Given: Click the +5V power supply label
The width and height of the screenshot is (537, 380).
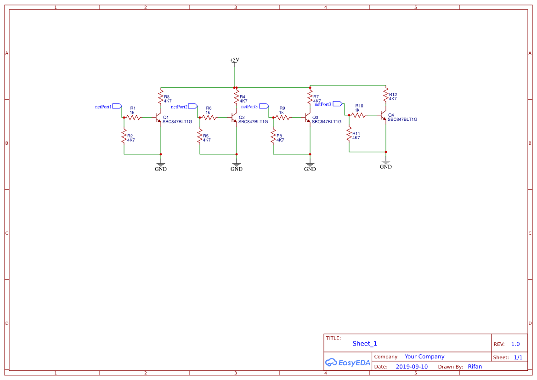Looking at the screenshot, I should pos(234,60).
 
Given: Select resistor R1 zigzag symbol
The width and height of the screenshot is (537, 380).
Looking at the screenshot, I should pos(133,118).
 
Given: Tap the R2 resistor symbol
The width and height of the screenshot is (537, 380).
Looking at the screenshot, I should pos(124,136).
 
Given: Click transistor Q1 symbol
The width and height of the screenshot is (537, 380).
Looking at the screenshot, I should pos(158,118).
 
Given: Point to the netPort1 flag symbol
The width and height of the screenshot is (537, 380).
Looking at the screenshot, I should pos(117,106).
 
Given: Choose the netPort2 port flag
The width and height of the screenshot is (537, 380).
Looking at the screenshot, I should pos(193,106).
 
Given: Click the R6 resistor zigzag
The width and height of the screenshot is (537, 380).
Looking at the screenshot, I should pos(209,118).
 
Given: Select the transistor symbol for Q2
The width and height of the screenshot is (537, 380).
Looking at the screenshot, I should pos(234,118).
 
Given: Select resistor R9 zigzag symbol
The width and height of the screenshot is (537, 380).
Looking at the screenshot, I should pos(282,118).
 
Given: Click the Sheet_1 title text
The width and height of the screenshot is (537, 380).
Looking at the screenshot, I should pos(365,344).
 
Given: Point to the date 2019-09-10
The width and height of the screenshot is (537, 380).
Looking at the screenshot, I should pos(412,367).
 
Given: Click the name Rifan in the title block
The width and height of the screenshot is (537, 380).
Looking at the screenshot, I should pos(475,367).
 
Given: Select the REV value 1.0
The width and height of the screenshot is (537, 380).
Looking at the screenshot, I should pos(515,344).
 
